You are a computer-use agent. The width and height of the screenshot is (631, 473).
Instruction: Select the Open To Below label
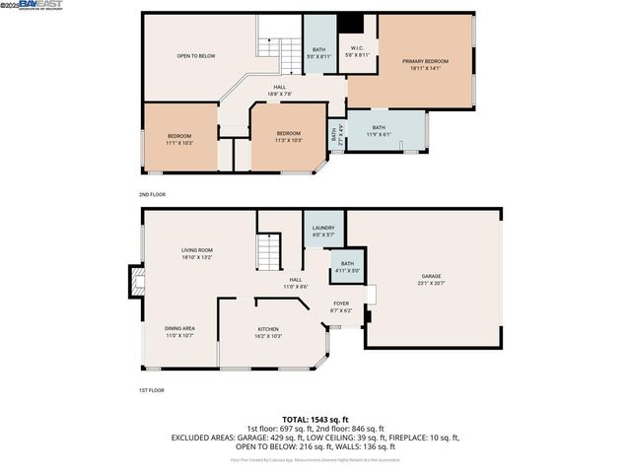[196, 56]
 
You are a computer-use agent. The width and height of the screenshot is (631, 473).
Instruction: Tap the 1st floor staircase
[269, 252]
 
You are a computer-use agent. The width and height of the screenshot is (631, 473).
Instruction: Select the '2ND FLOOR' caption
[153, 195]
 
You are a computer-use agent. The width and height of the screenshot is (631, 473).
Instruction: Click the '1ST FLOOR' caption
[152, 390]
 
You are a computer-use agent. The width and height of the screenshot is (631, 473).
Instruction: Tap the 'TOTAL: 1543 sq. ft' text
[315, 420]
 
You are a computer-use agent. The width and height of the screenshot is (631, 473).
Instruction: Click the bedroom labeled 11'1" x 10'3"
[179, 139]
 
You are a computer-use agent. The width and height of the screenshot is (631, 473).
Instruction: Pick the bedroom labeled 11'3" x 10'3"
[288, 137]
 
